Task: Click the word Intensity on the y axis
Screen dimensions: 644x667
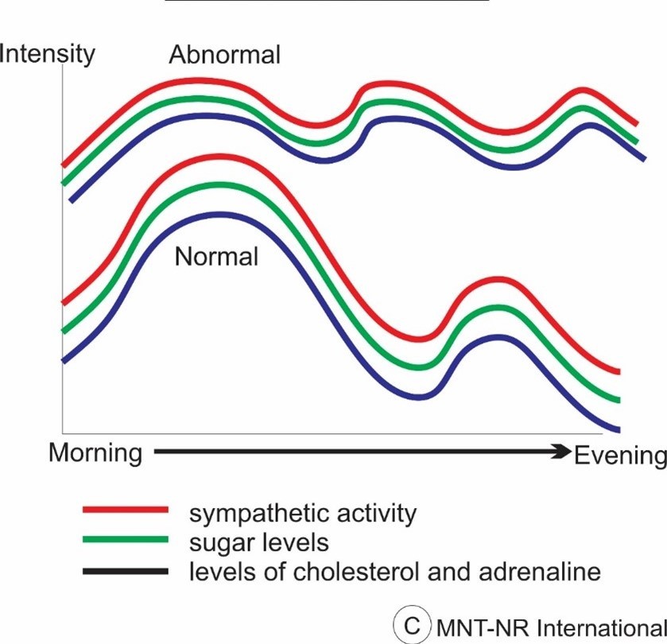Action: pos(48,54)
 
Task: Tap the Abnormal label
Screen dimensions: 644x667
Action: pos(225,55)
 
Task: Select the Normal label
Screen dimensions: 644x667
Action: pos(216,257)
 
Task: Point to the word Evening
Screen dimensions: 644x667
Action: pos(619,456)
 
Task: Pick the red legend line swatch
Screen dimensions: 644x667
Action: pos(126,509)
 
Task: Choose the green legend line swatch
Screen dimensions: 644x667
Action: pos(126,540)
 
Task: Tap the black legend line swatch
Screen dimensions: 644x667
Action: pos(126,571)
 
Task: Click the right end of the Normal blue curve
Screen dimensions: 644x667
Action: pos(618,429)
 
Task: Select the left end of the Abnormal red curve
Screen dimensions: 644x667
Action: pos(64,165)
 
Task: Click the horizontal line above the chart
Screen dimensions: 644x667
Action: pos(326,2)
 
